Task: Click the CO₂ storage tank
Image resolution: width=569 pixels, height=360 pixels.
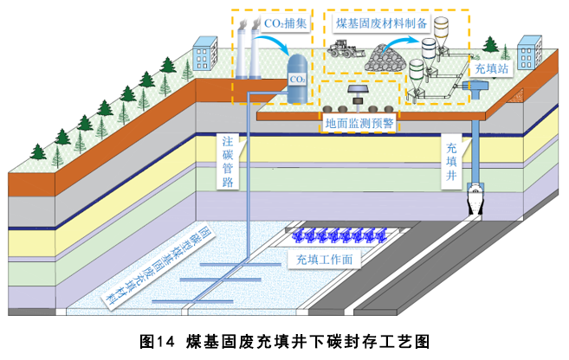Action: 298,75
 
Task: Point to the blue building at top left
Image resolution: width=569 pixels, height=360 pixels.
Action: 205,54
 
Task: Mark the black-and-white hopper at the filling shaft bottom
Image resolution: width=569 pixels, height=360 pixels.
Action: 476,202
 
